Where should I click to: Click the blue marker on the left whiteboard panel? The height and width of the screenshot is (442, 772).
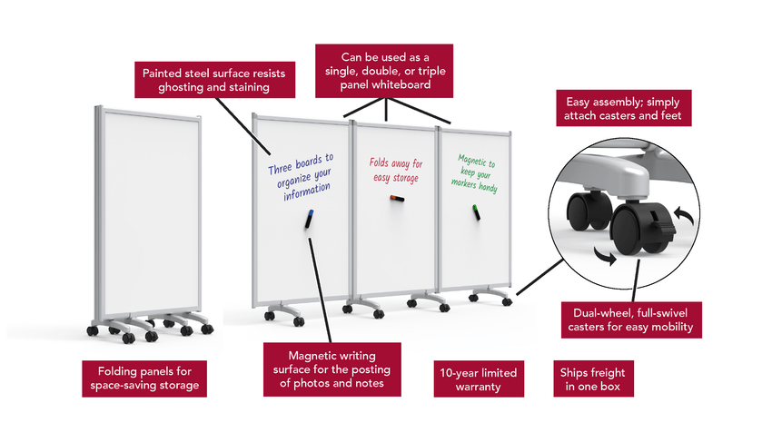[308, 219]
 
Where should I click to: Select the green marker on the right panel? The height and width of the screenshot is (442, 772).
[475, 212]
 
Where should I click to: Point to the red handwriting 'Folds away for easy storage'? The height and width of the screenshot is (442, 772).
[396, 170]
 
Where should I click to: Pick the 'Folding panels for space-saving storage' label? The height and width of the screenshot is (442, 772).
[144, 378]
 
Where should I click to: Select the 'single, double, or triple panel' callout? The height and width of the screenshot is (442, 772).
[384, 70]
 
